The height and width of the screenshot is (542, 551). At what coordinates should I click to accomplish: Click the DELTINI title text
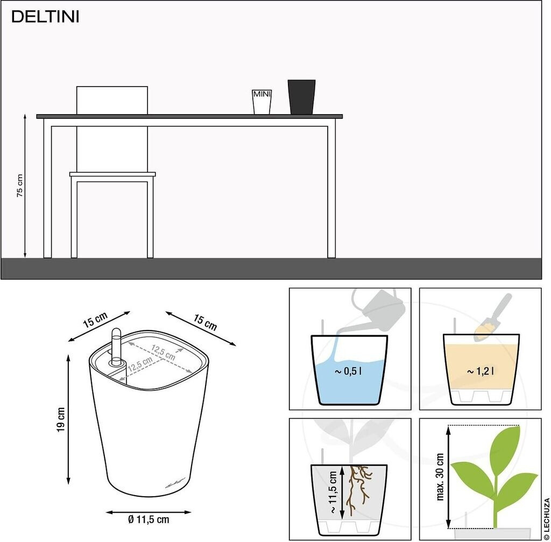click(45, 17)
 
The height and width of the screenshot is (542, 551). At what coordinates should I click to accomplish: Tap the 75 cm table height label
click(20, 186)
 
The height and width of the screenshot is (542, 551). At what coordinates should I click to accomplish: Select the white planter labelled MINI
click(262, 102)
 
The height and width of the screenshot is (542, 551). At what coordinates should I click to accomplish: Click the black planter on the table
click(301, 97)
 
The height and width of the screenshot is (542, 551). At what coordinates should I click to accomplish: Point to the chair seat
click(112, 174)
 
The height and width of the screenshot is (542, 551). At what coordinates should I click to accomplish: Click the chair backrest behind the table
click(112, 100)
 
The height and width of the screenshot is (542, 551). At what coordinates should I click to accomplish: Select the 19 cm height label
click(61, 419)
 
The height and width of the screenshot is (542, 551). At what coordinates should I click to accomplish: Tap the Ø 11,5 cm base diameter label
click(149, 519)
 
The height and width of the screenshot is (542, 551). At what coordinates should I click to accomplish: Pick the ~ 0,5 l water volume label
click(348, 371)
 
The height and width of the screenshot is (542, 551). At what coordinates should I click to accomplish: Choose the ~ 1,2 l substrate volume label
click(481, 371)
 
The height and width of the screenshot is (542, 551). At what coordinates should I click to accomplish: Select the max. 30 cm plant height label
click(440, 477)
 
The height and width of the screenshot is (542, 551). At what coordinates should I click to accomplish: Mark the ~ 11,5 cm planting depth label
click(333, 492)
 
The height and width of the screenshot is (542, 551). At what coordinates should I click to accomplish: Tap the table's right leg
click(331, 192)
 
